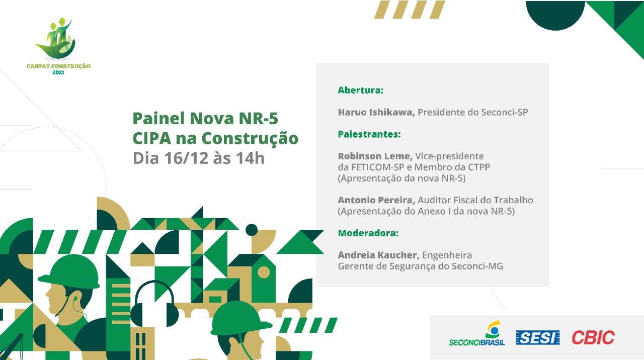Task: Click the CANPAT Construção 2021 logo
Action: pos(59,46)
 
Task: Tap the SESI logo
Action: pos(538,337)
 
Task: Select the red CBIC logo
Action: pos(593,337)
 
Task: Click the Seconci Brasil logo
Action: pos(477,333)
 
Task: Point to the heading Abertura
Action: pos(361,90)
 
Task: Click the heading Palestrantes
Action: pos(369,134)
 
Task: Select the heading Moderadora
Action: pos(368,233)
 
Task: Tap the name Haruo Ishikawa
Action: pos(376,112)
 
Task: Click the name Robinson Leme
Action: pos(375,156)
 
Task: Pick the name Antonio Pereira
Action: pos(376,200)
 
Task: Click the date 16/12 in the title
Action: pos(186,158)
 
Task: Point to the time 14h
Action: pos(250,158)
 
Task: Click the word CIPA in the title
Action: pos(152,138)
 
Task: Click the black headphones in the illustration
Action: pos(154,304)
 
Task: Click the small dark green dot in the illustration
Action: pos(252,230)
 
